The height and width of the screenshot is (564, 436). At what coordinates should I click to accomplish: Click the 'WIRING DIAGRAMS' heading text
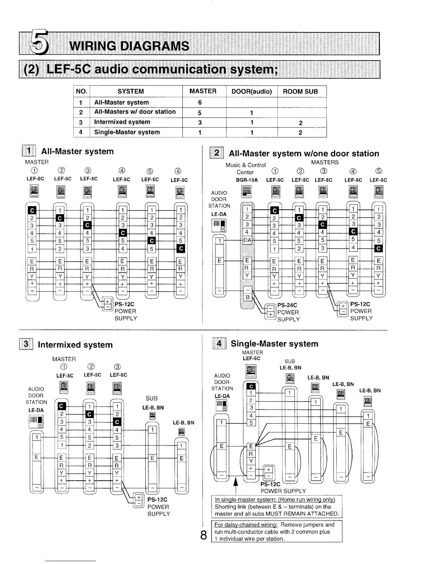tap(130, 46)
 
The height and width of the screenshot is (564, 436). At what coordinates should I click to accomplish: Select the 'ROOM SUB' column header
tap(300, 92)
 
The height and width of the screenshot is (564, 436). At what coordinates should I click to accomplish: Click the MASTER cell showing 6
tap(200, 103)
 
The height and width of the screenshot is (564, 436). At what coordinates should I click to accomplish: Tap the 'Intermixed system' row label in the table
tap(122, 122)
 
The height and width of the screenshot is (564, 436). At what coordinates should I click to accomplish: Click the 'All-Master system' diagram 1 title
tap(77, 151)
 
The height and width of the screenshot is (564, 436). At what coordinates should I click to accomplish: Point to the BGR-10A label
tap(247, 180)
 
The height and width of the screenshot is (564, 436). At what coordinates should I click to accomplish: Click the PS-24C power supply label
tap(287, 305)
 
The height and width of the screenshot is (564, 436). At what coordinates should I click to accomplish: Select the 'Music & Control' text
tap(245, 165)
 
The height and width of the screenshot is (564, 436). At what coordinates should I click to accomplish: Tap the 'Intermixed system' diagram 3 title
tap(75, 345)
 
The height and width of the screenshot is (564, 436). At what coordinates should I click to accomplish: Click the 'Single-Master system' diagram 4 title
tap(274, 344)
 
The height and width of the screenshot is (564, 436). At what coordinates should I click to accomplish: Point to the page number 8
tap(203, 535)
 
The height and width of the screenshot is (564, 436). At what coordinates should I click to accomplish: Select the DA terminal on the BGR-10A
tap(247, 240)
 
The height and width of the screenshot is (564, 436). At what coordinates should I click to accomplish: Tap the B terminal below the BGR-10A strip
tap(247, 297)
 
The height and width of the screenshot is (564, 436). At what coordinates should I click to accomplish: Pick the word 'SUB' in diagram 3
tap(151, 398)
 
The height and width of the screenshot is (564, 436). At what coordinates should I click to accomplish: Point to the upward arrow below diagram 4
tap(235, 486)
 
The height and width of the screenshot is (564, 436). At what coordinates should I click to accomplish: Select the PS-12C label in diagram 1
tap(124, 304)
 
